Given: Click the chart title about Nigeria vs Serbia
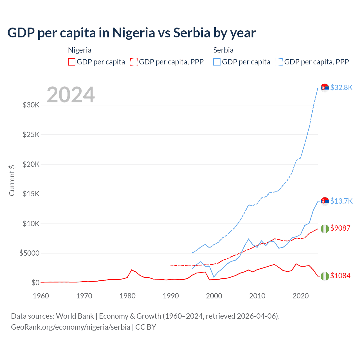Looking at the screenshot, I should point(131,33).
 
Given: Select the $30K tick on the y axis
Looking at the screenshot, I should point(31,105).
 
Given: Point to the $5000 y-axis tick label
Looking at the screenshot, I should point(29,253).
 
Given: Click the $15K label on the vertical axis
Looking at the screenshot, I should point(31,194).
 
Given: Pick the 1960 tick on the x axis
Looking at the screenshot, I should point(41,296).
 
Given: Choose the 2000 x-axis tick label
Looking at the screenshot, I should point(214,296).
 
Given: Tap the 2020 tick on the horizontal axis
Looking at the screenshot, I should point(301,296).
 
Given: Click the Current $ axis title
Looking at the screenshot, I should point(12,180).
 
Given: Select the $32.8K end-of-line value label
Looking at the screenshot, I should point(341,88).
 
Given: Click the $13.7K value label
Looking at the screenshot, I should point(341,201).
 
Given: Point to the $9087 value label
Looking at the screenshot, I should point(340,228).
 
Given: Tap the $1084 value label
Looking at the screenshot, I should point(340,276).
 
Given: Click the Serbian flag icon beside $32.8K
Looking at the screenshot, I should point(325,88).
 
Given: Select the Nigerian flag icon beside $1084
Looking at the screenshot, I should point(325,276).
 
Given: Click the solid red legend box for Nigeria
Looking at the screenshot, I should point(72,62).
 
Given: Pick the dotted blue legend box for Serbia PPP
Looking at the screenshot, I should point(279,62).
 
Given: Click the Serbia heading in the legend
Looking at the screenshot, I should point(223,50).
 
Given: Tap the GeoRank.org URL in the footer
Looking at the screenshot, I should point(70,327).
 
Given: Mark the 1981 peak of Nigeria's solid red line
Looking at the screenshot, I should point(132,270).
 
